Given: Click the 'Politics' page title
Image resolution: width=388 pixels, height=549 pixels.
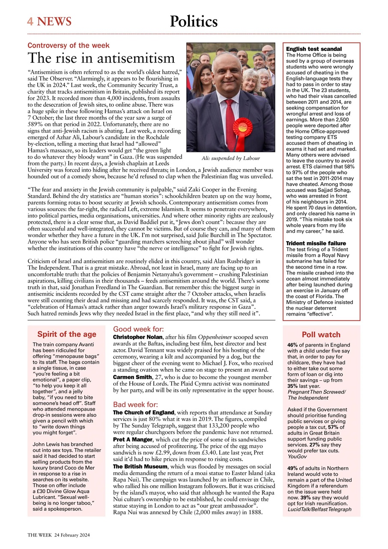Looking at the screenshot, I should tap(194, 21).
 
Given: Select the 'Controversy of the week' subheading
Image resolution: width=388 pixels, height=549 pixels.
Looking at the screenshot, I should tap(69, 45).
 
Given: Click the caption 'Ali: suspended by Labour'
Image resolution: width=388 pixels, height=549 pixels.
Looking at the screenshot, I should tap(230, 158).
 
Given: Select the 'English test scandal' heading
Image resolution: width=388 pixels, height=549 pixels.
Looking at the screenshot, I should tap(313, 49).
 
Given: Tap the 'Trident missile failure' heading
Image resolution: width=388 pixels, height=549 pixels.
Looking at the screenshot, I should tap(316, 243).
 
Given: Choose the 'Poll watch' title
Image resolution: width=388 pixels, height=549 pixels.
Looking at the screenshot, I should tap(321, 335).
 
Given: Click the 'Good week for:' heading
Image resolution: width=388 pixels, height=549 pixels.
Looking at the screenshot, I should tap(138, 329).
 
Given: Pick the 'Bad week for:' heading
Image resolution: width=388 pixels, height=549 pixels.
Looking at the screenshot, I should tap(135, 404).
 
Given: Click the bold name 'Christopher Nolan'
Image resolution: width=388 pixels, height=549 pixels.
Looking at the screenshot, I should tap(137, 338).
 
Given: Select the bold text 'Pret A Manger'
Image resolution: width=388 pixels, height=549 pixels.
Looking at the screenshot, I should tap(132, 440).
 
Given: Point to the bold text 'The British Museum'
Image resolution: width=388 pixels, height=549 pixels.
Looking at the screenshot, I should tap(140, 466).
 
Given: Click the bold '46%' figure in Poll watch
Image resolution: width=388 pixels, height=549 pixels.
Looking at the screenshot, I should tap(292, 345).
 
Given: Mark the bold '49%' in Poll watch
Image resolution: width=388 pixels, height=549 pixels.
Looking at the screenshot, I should tap(292, 468).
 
